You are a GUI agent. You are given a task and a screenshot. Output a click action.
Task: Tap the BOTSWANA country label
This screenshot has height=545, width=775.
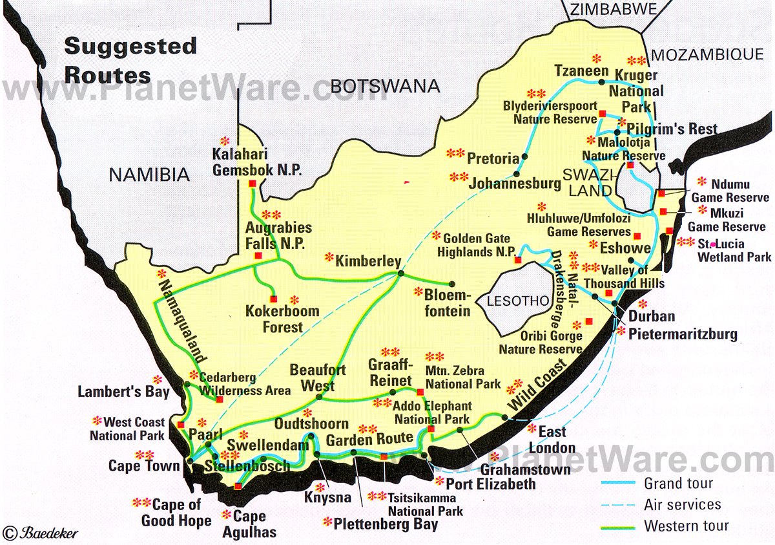[x=384, y=85]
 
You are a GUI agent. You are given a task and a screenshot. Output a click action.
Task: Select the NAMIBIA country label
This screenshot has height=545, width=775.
[x=149, y=174]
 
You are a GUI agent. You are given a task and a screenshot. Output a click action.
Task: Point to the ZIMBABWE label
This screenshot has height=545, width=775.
[x=613, y=8]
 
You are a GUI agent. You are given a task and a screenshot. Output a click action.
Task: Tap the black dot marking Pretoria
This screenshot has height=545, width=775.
[x=524, y=156]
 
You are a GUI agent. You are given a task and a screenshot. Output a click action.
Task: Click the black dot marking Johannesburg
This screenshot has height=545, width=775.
[x=517, y=173]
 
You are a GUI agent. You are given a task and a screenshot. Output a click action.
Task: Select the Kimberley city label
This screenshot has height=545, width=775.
[x=368, y=261]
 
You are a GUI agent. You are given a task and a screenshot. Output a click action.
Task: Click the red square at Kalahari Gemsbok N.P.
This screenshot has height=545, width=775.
[x=252, y=184]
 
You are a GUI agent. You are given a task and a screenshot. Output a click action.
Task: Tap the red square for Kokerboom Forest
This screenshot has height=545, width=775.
[x=274, y=299]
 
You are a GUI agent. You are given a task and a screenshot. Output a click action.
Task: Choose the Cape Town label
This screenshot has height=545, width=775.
[x=144, y=465]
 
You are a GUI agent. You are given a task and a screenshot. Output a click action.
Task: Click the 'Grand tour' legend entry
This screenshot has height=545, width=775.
[x=678, y=483]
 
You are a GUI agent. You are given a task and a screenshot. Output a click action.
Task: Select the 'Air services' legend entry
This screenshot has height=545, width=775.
[x=682, y=504]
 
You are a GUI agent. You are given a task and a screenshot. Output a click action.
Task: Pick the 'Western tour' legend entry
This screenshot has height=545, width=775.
[x=686, y=526]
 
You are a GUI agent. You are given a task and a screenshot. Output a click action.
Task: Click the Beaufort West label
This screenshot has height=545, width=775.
[x=317, y=378]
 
